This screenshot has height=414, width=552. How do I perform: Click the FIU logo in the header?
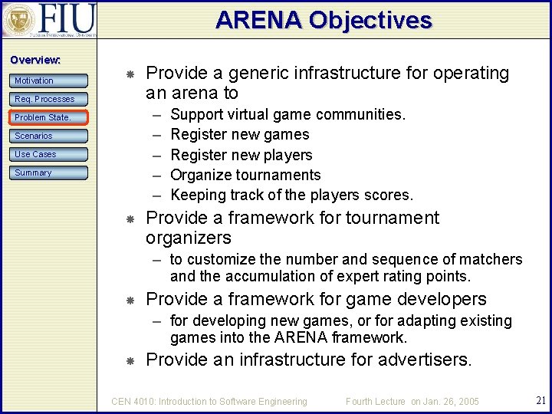49,20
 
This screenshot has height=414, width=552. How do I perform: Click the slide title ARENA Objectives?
324,20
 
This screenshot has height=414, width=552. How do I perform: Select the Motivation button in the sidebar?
50,80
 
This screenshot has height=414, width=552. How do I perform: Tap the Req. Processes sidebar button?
50,99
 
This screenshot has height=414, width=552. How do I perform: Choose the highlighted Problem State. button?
50,117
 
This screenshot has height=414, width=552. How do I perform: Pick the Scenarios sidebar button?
50,136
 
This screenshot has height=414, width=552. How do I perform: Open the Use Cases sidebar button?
50,154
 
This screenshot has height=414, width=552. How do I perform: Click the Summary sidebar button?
50,172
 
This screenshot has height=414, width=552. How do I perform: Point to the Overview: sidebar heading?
35,60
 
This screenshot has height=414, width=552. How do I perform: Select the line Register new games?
239,135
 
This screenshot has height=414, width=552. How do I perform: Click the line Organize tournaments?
245,175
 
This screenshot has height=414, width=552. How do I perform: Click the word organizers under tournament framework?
188,238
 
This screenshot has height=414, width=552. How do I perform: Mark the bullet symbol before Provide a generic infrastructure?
130,74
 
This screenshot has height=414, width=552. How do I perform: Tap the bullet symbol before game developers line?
130,301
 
